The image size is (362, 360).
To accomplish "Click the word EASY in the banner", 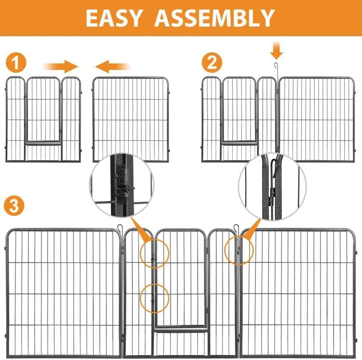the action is (x=113, y=18).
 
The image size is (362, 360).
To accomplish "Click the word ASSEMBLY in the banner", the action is (x=214, y=18).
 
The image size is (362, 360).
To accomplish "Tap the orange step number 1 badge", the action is (x=16, y=62).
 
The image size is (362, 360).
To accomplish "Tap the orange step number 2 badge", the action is (x=212, y=62).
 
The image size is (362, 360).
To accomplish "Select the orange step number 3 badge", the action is (x=14, y=206).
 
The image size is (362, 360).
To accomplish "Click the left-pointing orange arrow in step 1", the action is (x=113, y=67).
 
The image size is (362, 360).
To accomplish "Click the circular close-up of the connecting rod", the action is (x=272, y=186).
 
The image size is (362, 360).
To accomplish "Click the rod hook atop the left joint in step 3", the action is (x=120, y=228).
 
